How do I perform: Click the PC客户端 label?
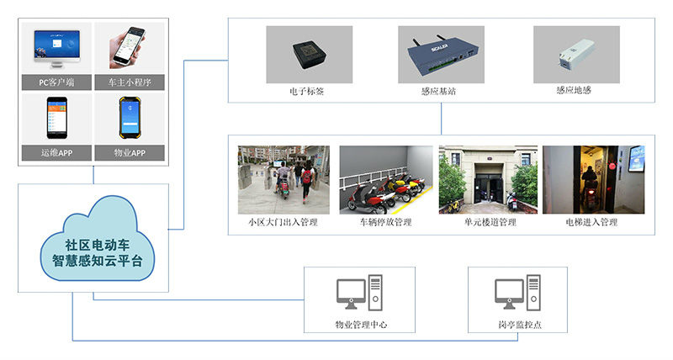56,82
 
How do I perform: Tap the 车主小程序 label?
130,82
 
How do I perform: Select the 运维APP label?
56,153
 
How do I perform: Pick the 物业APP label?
130,153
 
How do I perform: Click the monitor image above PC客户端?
56,47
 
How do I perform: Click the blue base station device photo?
438,54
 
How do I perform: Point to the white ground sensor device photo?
576,53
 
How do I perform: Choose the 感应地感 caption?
576,89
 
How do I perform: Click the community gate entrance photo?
283,177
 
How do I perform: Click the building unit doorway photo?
488,177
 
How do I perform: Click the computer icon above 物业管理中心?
360,294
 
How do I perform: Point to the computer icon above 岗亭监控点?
517,294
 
